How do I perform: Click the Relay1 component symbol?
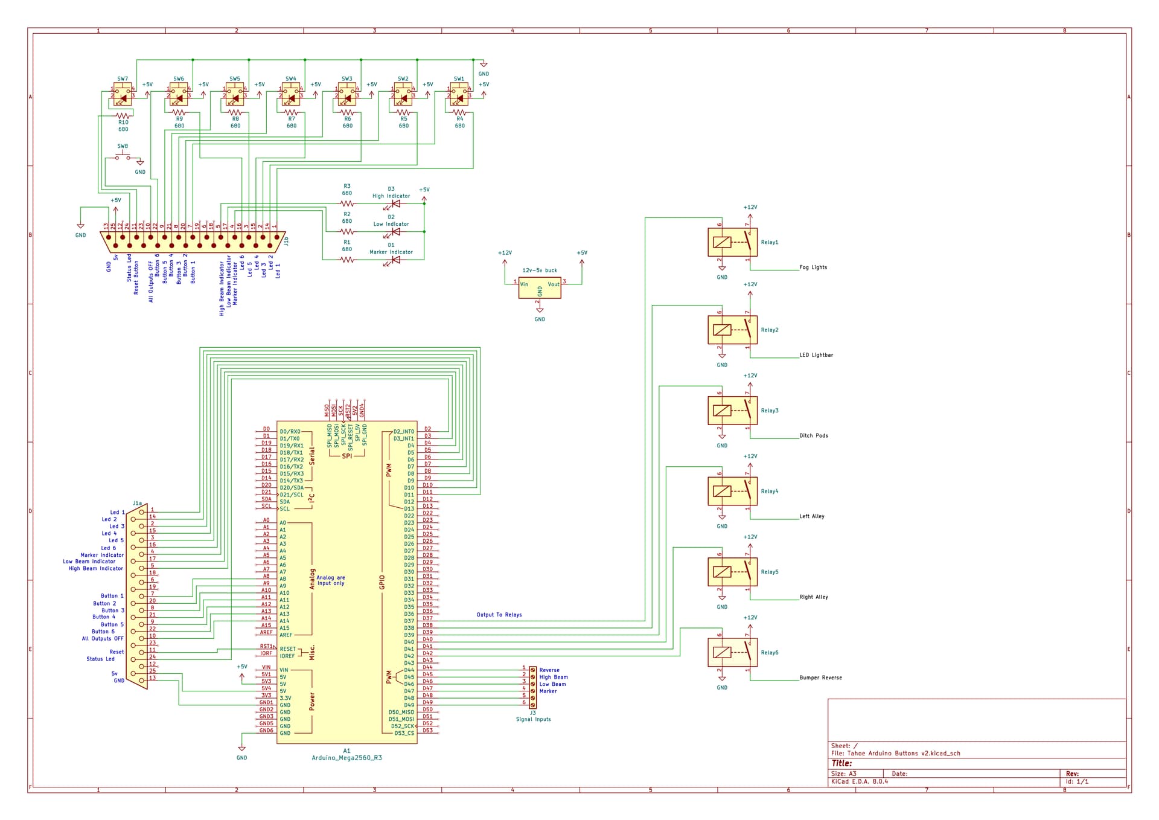coord(732,242)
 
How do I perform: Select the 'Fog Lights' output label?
coord(813,267)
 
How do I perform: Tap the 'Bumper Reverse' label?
coord(820,677)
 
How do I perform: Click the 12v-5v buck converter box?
coord(539,288)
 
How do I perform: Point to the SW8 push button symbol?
coord(123,158)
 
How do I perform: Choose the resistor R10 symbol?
coord(123,115)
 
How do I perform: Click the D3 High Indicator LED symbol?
coord(396,204)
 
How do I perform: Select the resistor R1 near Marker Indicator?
coord(346,260)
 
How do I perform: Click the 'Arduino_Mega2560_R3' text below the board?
coord(346,758)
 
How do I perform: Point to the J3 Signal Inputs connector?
coord(532,687)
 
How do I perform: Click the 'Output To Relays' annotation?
coord(499,615)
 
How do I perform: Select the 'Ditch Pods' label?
coord(813,435)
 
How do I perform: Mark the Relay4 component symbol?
coord(732,492)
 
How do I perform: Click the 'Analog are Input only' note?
coord(331,580)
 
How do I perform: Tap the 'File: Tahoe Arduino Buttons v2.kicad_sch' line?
coord(895,753)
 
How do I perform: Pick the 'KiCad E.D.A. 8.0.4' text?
coord(859,781)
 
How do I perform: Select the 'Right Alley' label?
coord(813,597)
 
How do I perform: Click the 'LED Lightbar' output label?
coord(816,355)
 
